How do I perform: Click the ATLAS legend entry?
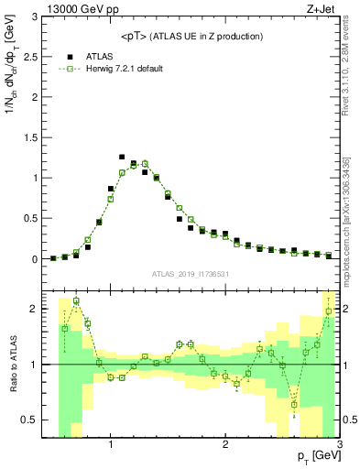(101, 56)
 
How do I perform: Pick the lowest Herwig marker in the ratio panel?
(294, 404)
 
